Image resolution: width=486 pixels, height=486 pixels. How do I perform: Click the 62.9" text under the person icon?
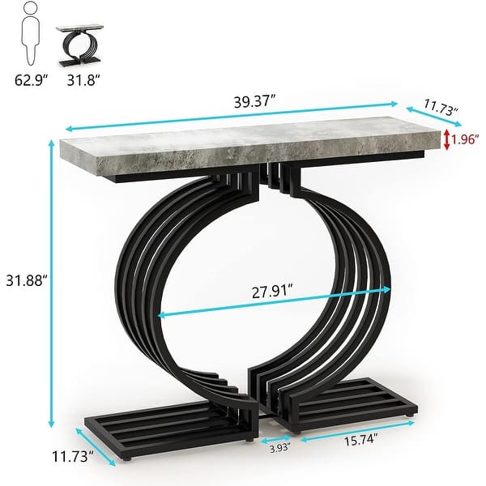tap(31, 81)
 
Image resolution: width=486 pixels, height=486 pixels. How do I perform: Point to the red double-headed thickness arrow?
tap(446, 139)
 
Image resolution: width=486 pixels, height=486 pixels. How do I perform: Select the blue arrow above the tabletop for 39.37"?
tap(232, 115)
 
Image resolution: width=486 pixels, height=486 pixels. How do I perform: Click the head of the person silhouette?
tap(29, 11)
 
